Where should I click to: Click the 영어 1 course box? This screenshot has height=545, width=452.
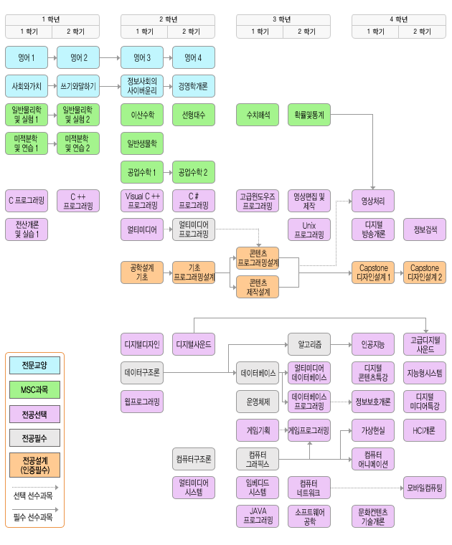point(27,57)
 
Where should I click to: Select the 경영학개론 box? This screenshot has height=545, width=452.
point(193,86)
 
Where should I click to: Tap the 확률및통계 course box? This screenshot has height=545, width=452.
point(309,114)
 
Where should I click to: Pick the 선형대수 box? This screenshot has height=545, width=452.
point(193,114)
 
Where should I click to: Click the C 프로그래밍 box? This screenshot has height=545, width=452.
point(27,200)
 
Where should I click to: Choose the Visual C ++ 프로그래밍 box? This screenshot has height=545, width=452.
point(143,200)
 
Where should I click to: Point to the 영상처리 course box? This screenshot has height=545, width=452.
point(373,200)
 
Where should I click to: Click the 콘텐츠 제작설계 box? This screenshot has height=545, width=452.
point(258,287)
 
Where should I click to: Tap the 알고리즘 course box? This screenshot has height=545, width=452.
point(309,344)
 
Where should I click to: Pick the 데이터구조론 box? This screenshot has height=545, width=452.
point(143,373)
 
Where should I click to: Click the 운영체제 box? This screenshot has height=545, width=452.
point(258,401)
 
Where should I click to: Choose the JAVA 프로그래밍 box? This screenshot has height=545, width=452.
point(258,516)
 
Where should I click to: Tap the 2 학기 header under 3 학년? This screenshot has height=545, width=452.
point(306,32)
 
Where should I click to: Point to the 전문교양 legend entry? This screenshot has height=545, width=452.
point(34,365)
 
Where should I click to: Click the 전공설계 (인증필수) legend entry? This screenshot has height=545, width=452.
point(34,465)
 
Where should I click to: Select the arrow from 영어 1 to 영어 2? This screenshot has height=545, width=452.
point(52,57)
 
